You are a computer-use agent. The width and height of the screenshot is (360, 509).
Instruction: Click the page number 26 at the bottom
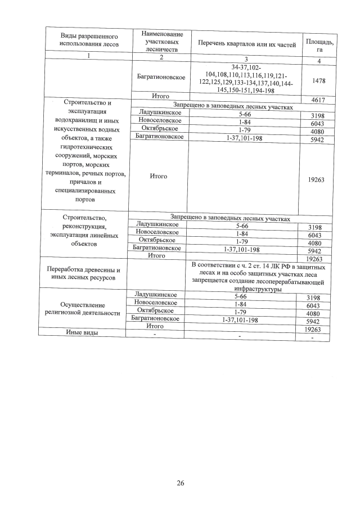click(x=181, y=482)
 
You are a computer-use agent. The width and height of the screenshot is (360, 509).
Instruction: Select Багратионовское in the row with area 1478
click(x=161, y=77)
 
